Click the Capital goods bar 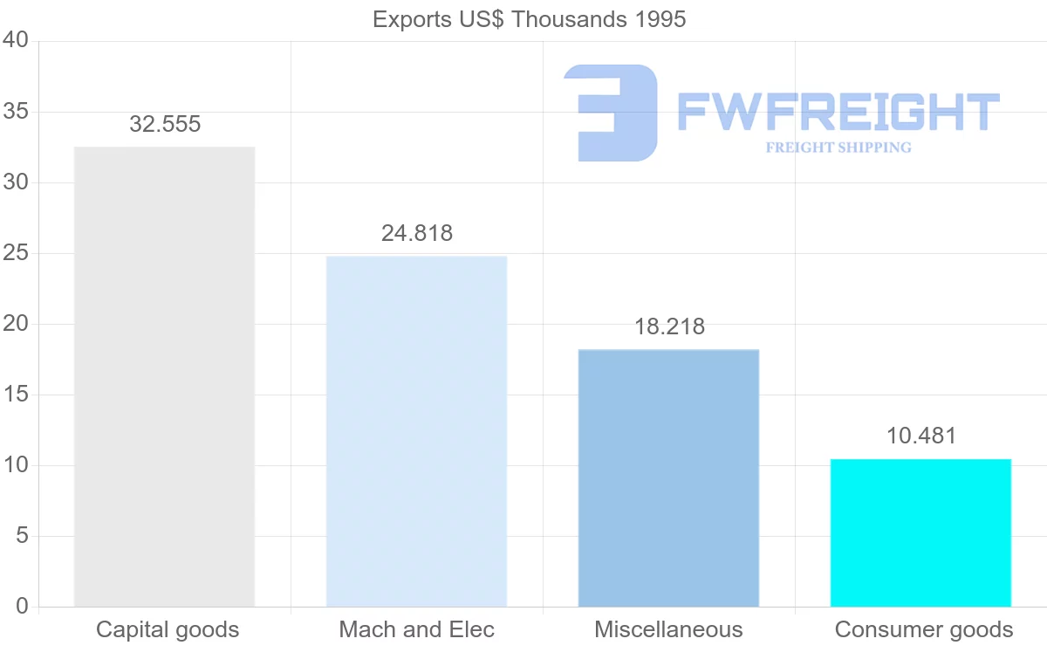point(164,376)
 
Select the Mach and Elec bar point(416,431)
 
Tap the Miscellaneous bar point(668,477)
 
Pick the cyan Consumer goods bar point(920,532)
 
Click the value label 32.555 point(165,125)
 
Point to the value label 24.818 point(417,234)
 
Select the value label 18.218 point(669,327)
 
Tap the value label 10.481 point(921,436)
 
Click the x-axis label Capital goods point(168,629)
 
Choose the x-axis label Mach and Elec point(417,629)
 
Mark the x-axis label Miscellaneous point(668,629)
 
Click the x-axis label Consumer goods point(924,629)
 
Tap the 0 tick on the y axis point(22,607)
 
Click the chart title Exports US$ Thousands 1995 point(529,19)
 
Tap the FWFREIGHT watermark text point(838,113)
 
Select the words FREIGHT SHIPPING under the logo point(838,148)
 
